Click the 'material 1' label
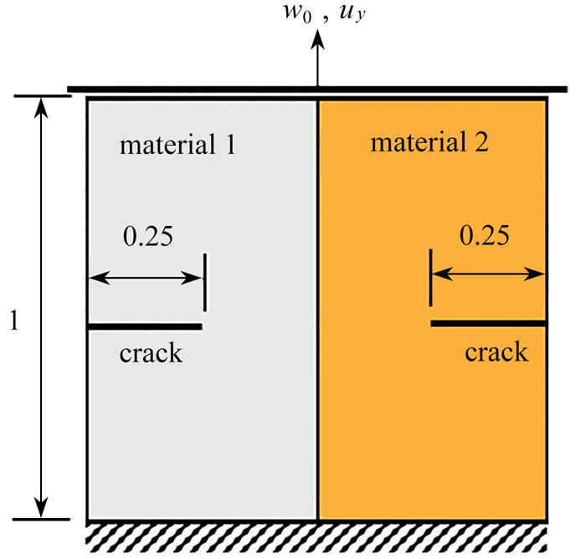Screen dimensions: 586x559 (177, 144)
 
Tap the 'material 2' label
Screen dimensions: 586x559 (429, 142)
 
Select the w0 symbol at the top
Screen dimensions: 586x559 (297, 15)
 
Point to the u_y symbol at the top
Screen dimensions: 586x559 (352, 15)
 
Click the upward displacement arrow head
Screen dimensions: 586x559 (317, 38)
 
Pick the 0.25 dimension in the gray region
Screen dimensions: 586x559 (148, 236)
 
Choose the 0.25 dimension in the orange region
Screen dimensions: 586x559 (485, 235)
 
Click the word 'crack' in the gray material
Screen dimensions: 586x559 (151, 353)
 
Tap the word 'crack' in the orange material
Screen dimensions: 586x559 (496, 352)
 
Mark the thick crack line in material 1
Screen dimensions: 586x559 (145, 326)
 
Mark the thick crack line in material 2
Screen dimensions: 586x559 (489, 323)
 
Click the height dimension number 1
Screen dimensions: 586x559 (14, 321)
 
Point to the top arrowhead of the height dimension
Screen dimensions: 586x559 (41, 108)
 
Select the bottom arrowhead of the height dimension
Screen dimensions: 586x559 (41, 507)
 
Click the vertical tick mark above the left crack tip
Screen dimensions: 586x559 (205, 283)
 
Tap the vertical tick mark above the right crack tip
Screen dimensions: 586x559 (431, 278)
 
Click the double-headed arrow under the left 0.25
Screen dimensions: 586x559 (146, 279)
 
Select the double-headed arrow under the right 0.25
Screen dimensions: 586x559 (489, 274)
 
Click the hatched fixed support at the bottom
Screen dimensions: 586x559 (317, 538)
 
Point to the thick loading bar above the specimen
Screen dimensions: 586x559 (317, 90)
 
